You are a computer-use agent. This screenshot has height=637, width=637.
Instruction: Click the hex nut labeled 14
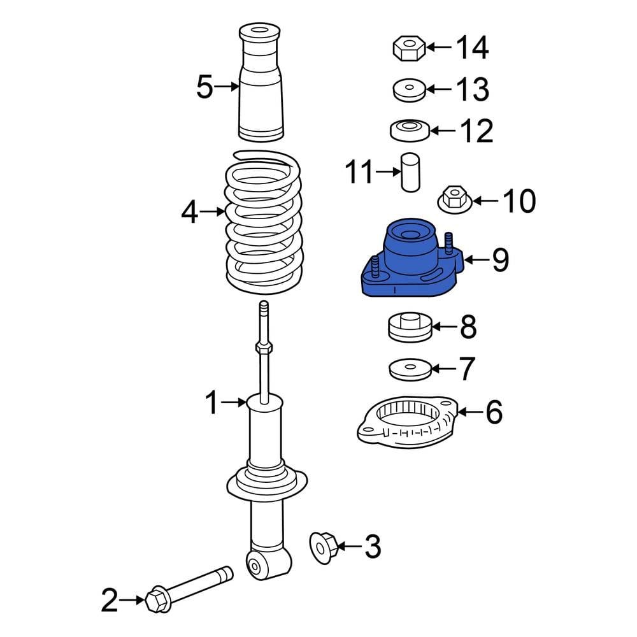point(409,48)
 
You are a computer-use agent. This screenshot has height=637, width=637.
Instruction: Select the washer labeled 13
point(410,90)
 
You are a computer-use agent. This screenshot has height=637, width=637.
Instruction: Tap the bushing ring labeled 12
point(410,131)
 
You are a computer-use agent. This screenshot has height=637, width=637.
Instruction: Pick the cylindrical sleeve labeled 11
point(410,172)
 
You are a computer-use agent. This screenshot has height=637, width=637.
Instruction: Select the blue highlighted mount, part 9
point(412,259)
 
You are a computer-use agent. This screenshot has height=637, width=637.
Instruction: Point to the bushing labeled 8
point(410,327)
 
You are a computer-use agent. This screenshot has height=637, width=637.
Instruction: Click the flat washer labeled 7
point(410,369)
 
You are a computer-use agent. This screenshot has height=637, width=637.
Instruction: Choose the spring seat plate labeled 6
point(408,422)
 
